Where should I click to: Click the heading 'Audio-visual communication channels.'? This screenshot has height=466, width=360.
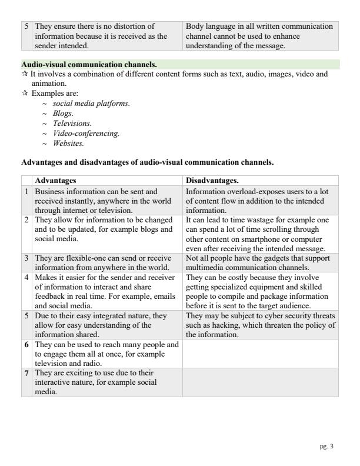[x=89, y=64]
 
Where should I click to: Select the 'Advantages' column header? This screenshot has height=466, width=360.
[x=55, y=181]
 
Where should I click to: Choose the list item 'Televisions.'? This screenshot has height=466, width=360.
[x=72, y=123]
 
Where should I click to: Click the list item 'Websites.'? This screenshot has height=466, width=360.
[x=68, y=143]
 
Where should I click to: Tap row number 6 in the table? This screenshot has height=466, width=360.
[x=27, y=344]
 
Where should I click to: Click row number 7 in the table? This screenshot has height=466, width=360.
[x=27, y=373]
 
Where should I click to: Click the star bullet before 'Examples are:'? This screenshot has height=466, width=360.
[x=25, y=93]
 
